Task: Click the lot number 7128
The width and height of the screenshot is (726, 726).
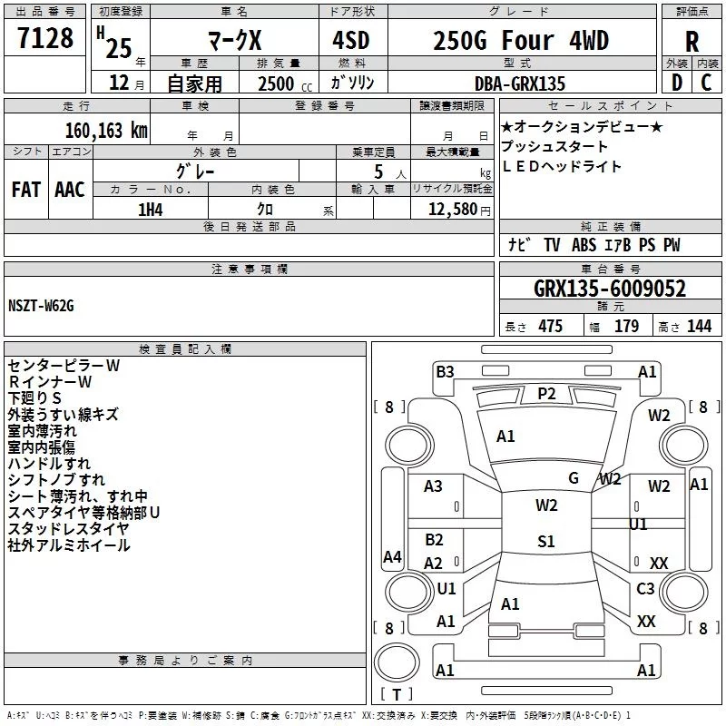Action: click(x=45, y=38)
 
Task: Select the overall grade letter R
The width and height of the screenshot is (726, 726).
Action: click(x=692, y=42)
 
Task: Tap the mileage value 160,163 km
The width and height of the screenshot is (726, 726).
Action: click(x=106, y=131)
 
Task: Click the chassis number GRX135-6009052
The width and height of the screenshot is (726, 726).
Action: click(x=610, y=289)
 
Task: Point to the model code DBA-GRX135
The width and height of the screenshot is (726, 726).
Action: click(x=520, y=83)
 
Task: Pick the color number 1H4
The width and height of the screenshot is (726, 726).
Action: click(x=151, y=210)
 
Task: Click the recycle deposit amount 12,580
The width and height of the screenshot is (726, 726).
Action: click(x=453, y=210)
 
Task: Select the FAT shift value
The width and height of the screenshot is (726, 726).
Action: click(x=26, y=190)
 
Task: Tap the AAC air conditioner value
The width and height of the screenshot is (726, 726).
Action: click(x=70, y=190)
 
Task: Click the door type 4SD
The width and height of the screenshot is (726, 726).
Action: click(x=351, y=40)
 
